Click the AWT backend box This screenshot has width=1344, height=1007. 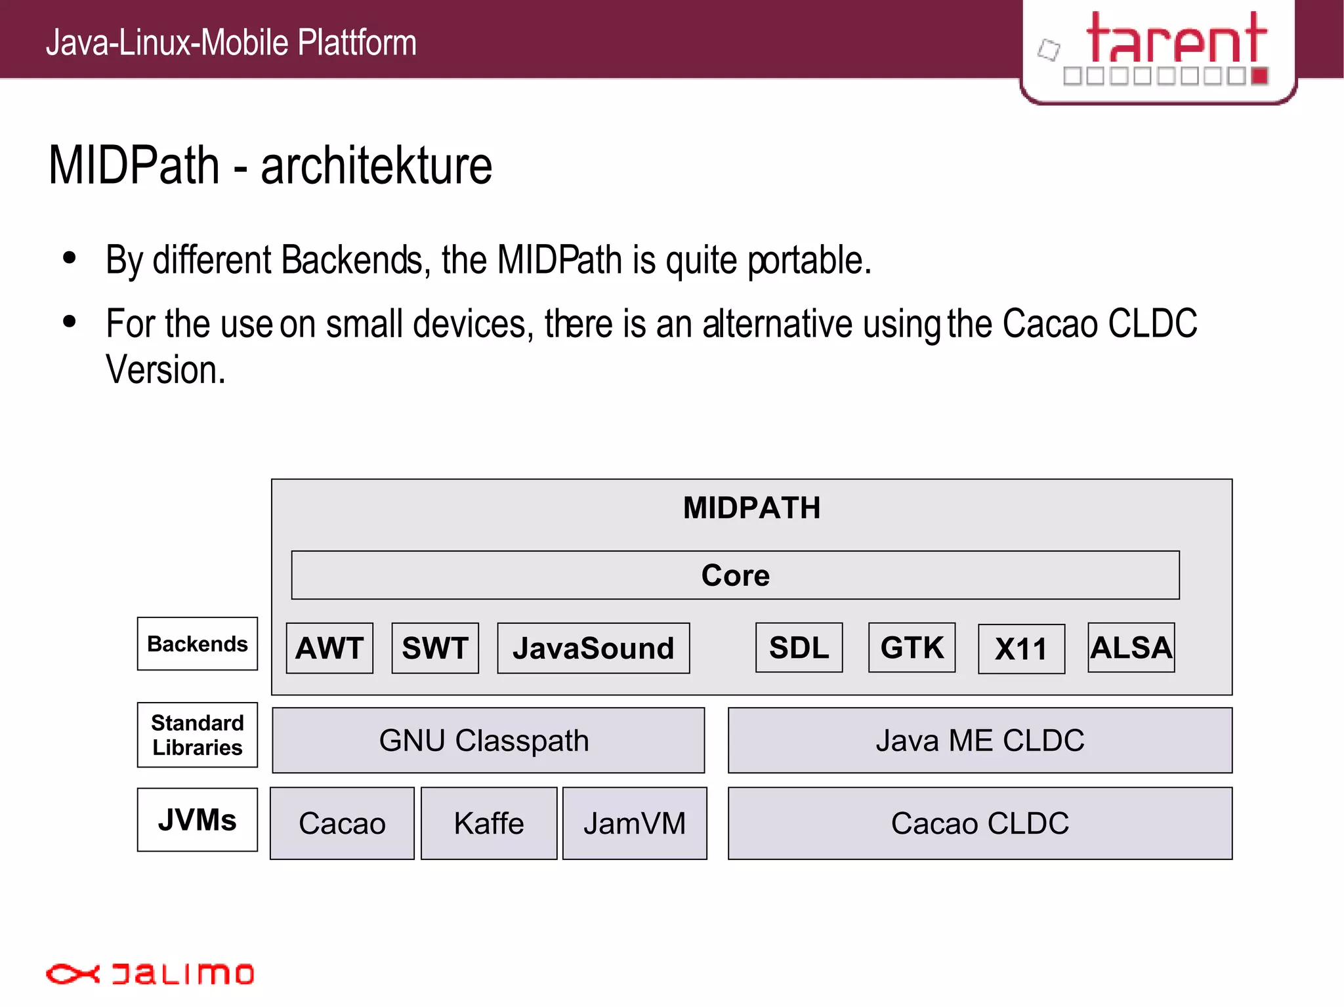[329, 648]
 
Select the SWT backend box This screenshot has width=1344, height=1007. [435, 648]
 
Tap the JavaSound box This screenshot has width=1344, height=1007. [593, 648]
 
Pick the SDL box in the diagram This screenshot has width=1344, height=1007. [799, 647]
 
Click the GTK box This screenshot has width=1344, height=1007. [912, 647]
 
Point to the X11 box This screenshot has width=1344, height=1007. [1021, 649]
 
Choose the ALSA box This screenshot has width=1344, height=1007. [1131, 647]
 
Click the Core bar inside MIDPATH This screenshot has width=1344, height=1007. [735, 575]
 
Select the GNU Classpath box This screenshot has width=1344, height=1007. [488, 740]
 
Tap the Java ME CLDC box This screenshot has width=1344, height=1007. [980, 740]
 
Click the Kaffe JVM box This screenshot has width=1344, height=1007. [489, 823]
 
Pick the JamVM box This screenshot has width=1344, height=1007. [635, 823]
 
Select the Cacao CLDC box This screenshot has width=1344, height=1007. [980, 823]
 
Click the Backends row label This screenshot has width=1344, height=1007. [198, 644]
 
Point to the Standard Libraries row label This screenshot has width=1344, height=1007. [198, 735]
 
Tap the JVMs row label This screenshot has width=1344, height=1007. [198, 819]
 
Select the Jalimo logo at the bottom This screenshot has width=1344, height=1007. [150, 974]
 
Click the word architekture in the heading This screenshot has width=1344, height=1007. [376, 165]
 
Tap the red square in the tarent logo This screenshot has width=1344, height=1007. [1259, 76]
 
